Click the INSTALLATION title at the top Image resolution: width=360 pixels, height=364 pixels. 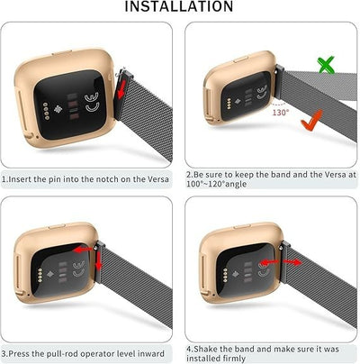tap(179, 6)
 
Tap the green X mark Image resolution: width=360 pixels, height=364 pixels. tap(326, 65)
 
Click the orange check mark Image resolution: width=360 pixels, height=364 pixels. tap(312, 121)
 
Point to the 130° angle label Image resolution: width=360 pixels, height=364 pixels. tap(281, 113)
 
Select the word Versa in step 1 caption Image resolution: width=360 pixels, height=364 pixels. tap(157, 179)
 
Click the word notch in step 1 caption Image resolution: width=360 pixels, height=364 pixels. tap(109, 179)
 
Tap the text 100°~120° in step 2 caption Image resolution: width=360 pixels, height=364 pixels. tap(205, 184)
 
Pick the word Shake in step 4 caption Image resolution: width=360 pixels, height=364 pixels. tap(205, 349)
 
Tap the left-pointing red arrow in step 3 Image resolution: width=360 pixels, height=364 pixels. tap(83, 249)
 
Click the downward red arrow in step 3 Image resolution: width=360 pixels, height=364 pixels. tap(99, 260)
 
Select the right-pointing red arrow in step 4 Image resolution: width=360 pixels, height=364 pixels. tap(292, 262)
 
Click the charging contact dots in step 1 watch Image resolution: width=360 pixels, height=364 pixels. tap(46, 111)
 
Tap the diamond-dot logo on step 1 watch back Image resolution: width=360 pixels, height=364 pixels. tap(58, 109)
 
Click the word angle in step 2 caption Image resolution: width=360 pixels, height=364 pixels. tap(236, 184)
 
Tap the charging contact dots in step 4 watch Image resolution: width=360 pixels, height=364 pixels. tap(225, 273)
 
